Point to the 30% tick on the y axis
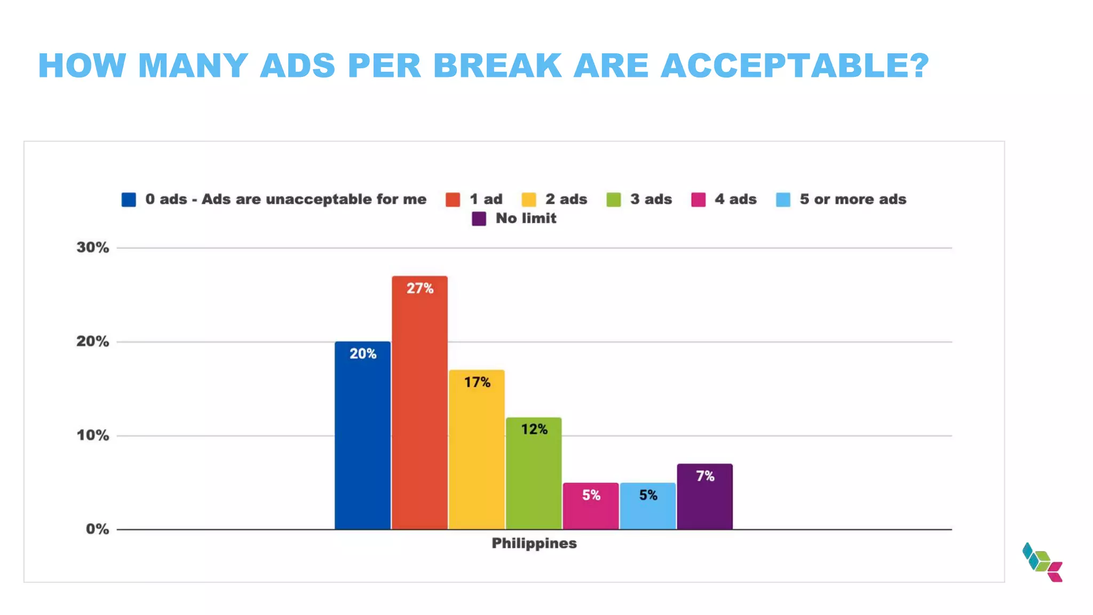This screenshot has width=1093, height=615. tap(93, 248)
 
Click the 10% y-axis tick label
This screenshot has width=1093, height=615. tap(93, 436)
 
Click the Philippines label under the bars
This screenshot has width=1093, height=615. tap(534, 543)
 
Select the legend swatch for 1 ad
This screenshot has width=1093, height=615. tap(453, 200)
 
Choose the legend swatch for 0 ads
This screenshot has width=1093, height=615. tap(129, 200)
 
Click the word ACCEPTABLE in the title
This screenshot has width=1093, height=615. tap(794, 66)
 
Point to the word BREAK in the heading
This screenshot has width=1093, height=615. tap(497, 66)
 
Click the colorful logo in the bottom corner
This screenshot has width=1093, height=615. tap(1042, 562)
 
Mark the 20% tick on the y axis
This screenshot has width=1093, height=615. tap(93, 342)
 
